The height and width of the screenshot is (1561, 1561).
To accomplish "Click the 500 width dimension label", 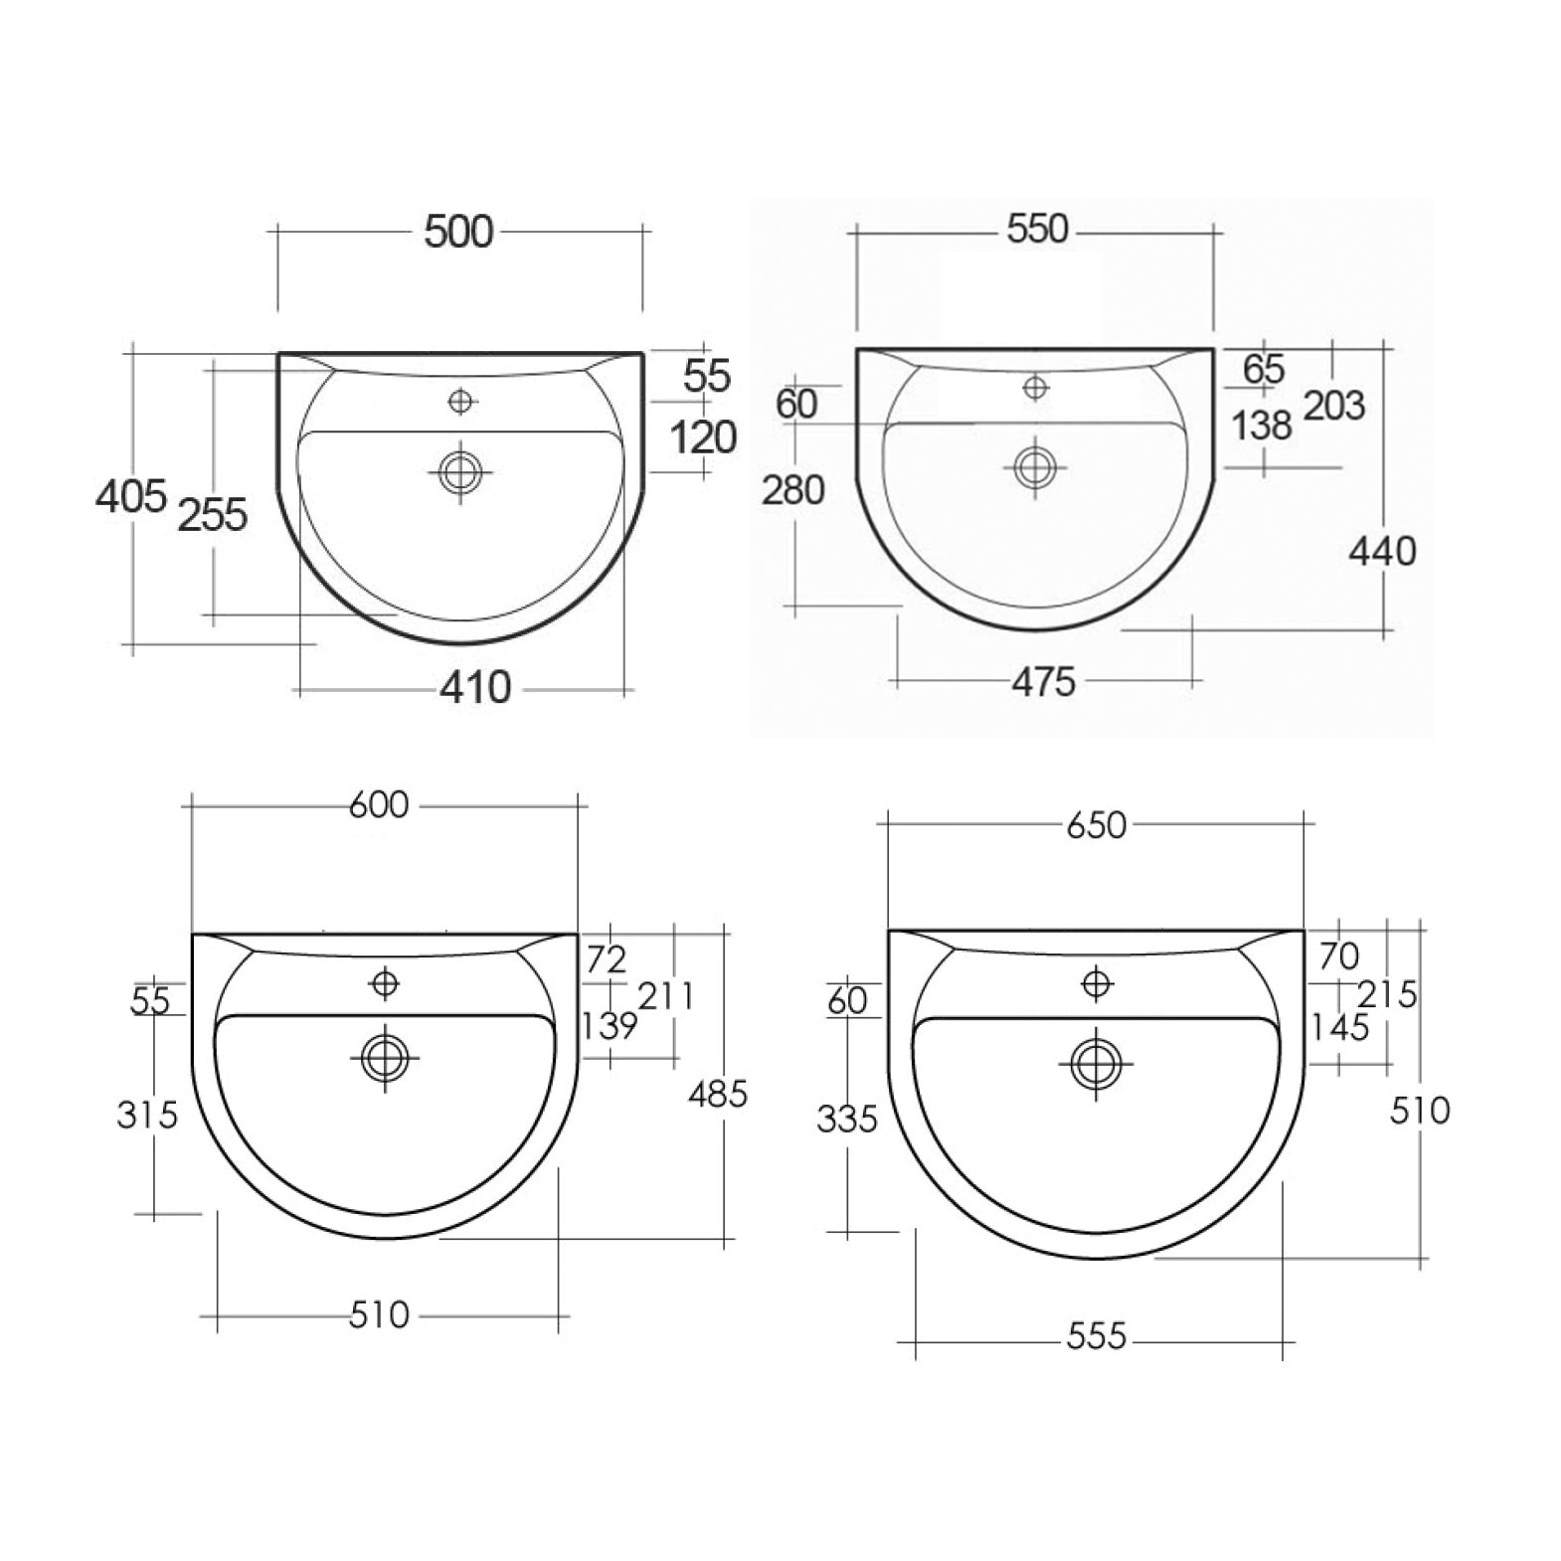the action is [458, 232].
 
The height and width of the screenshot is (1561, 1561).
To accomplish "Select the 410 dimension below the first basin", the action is [475, 687].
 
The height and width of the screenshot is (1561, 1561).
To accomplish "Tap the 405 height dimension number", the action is [130, 495].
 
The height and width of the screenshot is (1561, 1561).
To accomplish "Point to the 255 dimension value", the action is [212, 515].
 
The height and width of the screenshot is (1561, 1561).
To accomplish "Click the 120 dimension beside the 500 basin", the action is [703, 436].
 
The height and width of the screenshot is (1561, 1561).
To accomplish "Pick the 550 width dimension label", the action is [1037, 229].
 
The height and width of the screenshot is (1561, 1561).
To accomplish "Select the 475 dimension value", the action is [1044, 682].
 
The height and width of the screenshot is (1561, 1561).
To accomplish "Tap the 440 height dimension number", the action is [1382, 551].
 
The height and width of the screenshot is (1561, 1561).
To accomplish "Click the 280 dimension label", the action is [793, 490].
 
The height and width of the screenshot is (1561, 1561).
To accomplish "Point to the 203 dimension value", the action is [1334, 406].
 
